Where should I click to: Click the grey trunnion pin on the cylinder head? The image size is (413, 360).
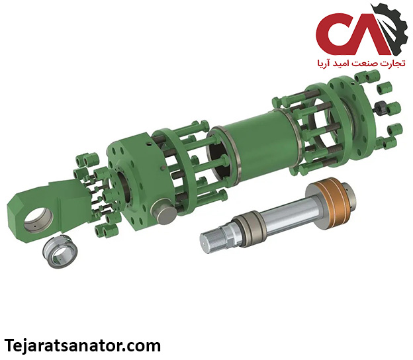pyautogui.click(x=163, y=211)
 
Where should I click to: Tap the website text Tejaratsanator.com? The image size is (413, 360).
pyautogui.click(x=83, y=346)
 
